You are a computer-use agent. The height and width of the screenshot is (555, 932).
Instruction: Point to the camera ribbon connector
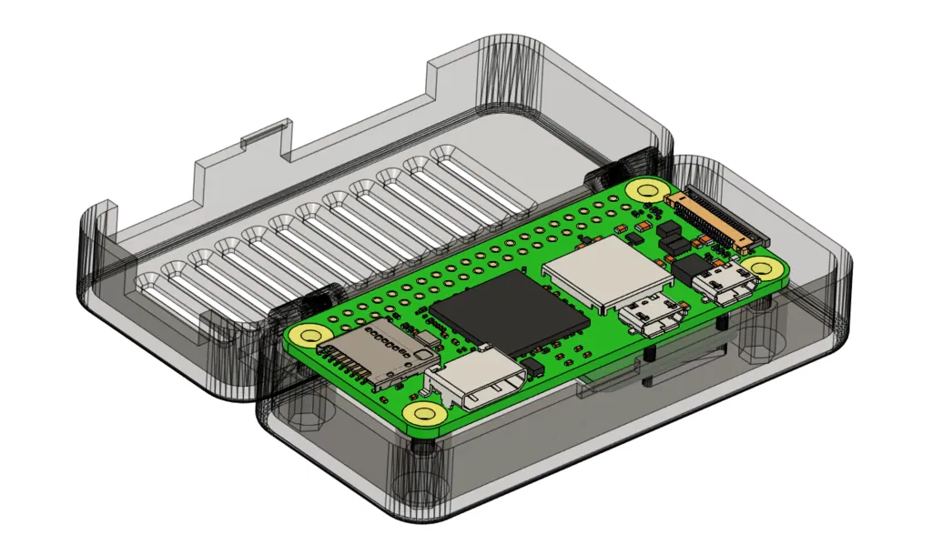715,219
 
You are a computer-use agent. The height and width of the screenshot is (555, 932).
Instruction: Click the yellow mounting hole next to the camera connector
647,190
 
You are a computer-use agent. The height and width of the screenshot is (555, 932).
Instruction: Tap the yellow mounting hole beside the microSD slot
309,334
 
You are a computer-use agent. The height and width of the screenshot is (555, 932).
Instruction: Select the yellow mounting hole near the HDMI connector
423,415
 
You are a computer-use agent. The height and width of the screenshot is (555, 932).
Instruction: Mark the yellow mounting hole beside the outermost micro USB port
763,267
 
